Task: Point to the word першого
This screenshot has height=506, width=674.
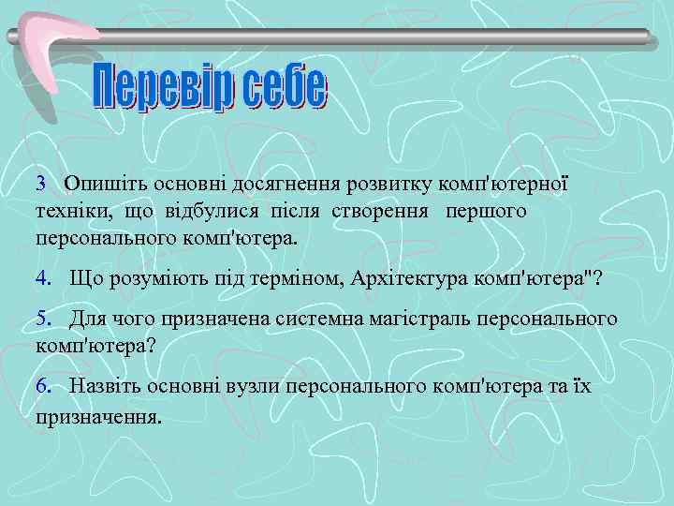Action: click(x=487, y=211)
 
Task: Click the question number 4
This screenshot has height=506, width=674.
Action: click(x=43, y=278)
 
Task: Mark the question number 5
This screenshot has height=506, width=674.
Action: click(x=43, y=320)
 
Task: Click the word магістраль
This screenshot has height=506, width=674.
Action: click(x=424, y=320)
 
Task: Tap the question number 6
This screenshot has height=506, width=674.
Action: click(x=43, y=386)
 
